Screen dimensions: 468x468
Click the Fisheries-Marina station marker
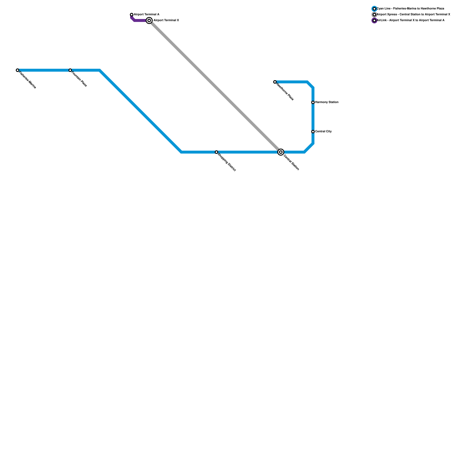pyautogui.click(x=18, y=70)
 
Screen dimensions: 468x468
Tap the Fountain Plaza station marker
pyautogui.click(x=70, y=70)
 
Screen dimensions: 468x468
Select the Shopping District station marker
pyautogui.click(x=216, y=152)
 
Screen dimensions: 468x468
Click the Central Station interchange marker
pyautogui.click(x=281, y=152)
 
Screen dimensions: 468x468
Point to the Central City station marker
pyautogui.click(x=313, y=132)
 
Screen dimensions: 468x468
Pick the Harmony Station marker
pyautogui.click(x=313, y=102)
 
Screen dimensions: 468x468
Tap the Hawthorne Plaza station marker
pyautogui.click(x=275, y=82)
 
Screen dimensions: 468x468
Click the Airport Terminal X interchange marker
pyautogui.click(x=149, y=20)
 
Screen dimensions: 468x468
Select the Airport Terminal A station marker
pyautogui.click(x=132, y=15)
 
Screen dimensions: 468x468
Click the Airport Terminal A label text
pyautogui.click(x=147, y=15)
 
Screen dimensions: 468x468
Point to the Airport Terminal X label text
pyautogui.click(x=166, y=20)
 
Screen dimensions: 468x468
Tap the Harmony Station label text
pyautogui.click(x=327, y=102)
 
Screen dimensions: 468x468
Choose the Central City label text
pyautogui.click(x=324, y=132)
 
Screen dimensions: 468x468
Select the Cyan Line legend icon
pyautogui.click(x=374, y=9)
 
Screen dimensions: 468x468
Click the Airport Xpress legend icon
pyautogui.click(x=374, y=15)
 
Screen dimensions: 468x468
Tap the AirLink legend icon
pyautogui.click(x=374, y=20)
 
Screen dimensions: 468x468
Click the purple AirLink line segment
pyautogui.click(x=140, y=20)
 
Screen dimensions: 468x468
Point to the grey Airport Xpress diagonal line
pyautogui.click(x=215, y=86)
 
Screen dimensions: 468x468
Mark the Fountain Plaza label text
pyautogui.click(x=79, y=79)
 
